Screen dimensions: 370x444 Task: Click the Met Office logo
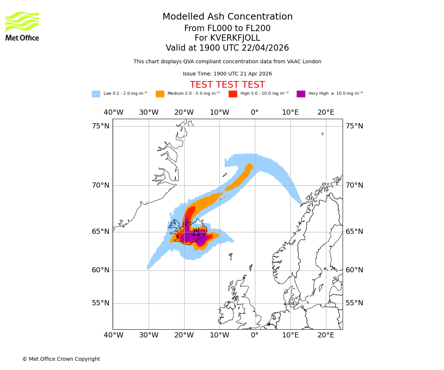[22, 26]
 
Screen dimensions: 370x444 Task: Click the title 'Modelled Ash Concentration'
[228, 17]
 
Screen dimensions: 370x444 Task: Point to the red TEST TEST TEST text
[227, 85]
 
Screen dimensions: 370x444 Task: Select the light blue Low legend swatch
[96, 94]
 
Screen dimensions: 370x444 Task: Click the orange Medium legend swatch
[160, 94]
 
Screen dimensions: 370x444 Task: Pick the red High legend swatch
[233, 94]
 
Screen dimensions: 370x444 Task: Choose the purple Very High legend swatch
[301, 94]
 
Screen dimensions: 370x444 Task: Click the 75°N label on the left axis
[101, 126]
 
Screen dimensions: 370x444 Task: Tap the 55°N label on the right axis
[354, 303]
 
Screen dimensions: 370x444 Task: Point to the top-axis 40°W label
[113, 112]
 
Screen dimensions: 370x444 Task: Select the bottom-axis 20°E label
[326, 335]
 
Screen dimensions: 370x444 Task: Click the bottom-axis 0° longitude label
[255, 335]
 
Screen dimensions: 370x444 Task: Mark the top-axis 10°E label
[290, 112]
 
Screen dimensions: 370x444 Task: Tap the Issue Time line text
[227, 74]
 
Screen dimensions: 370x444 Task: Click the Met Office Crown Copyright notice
[61, 359]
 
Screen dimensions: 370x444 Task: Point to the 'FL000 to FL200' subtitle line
[227, 28]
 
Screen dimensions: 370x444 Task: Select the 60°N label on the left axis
[101, 270]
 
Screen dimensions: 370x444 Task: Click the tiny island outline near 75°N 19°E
[322, 134]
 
